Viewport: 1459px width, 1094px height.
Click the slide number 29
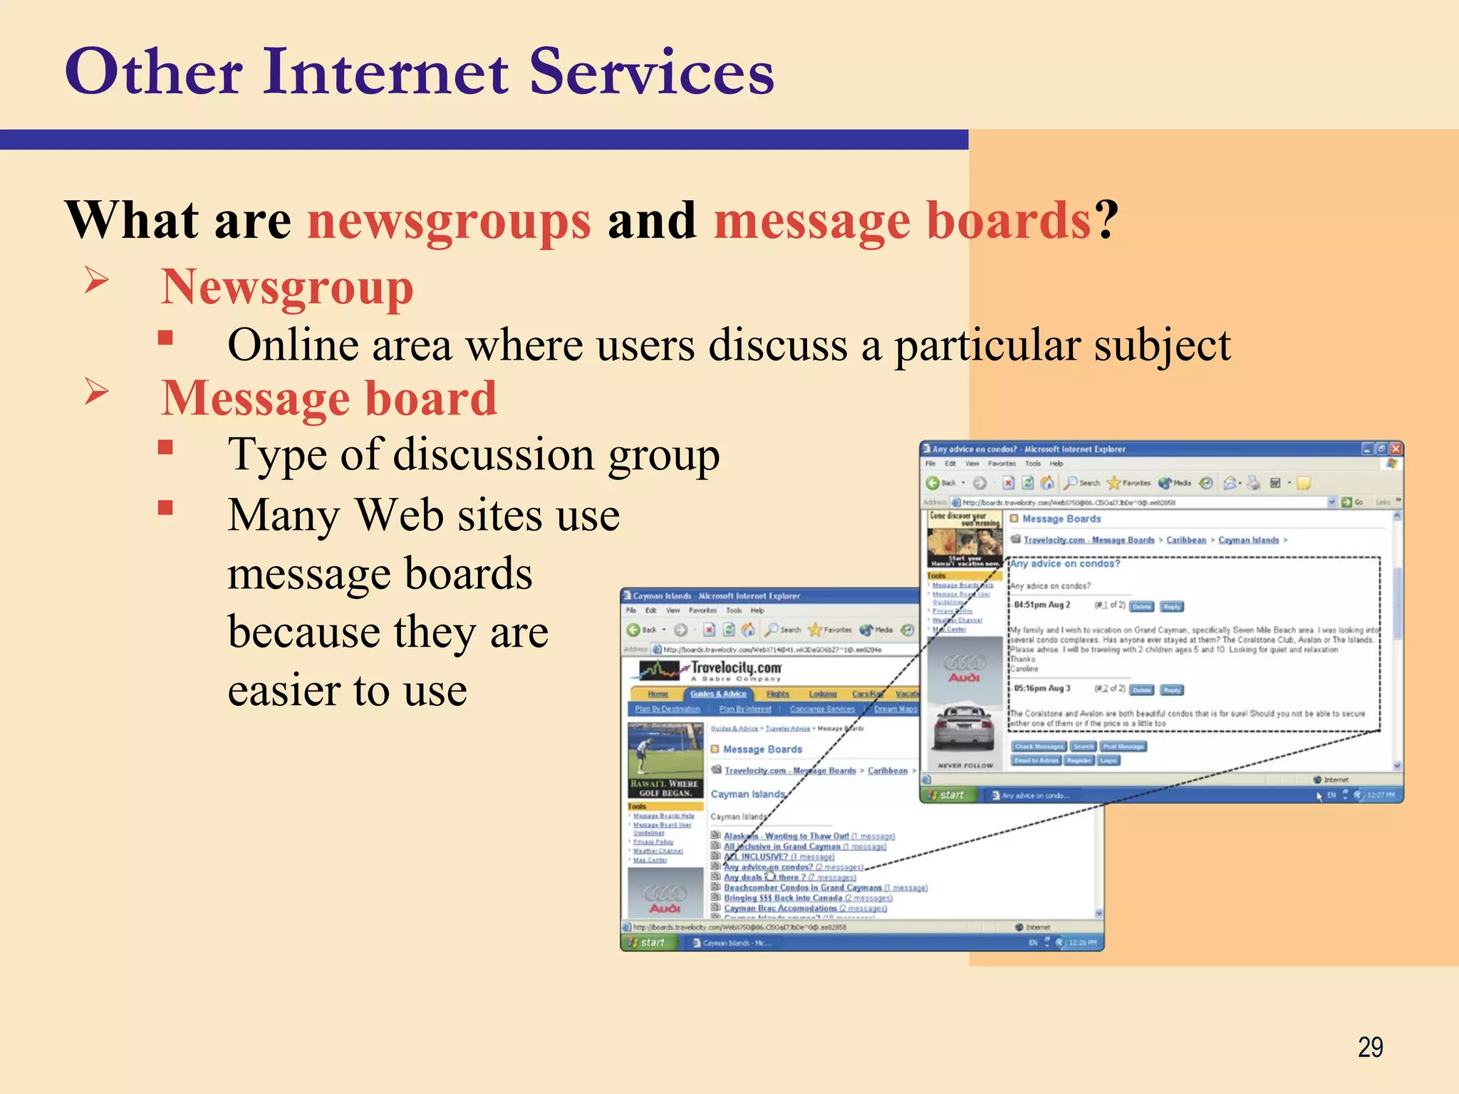pos(1370,1047)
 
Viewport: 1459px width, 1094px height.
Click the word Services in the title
pos(651,73)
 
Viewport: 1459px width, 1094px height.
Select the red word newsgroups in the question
pos(449,221)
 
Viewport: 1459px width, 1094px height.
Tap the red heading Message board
pos(328,398)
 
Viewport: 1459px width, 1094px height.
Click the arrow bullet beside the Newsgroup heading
pos(96,280)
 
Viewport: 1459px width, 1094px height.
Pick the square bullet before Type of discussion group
pos(166,447)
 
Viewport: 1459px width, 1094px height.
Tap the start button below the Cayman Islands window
pos(650,942)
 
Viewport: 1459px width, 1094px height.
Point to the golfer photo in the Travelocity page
pos(665,751)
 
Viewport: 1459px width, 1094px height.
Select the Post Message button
pos(1123,746)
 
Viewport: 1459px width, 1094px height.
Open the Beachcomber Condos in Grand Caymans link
pos(803,887)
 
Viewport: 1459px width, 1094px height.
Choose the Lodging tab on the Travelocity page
pos(822,694)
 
